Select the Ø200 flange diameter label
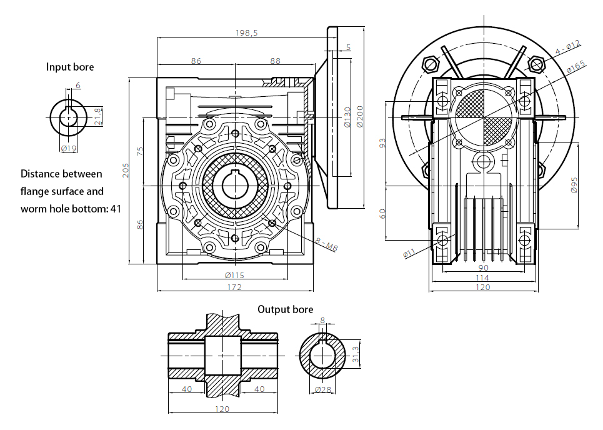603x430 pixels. tap(361, 116)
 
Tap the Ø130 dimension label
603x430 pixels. tap(347, 117)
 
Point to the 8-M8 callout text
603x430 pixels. tap(327, 244)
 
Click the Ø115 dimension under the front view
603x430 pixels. tap(234, 276)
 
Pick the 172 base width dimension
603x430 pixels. tap(234, 287)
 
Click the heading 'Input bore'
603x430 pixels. tap(70, 67)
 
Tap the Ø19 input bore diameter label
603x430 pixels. tap(69, 148)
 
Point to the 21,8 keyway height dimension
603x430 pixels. tap(97, 116)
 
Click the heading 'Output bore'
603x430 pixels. tap(286, 309)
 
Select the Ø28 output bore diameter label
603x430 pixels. tap(323, 389)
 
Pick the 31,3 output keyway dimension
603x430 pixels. tap(356, 354)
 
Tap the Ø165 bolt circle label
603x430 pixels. tap(576, 66)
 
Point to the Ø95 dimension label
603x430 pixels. tap(574, 186)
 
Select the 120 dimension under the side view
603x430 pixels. tap(483, 287)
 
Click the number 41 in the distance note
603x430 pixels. tap(116, 209)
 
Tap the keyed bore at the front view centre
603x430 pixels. tap(234, 185)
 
